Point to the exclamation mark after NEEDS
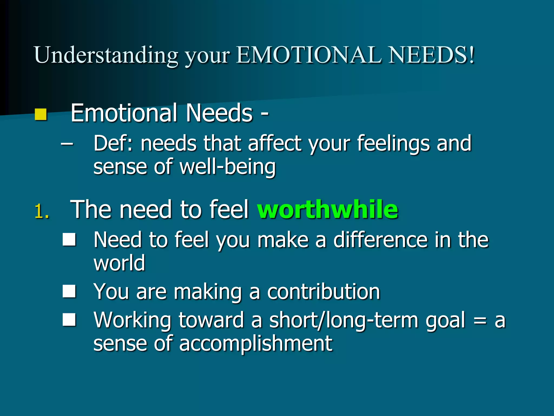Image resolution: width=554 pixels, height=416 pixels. point(472,55)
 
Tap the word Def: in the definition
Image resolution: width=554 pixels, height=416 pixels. point(113,144)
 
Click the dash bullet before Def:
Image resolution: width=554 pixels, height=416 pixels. point(67,144)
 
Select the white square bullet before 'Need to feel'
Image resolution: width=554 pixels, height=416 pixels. point(69,239)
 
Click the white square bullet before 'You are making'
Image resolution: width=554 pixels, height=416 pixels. point(69,291)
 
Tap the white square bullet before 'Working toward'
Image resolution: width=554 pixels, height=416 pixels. point(69,320)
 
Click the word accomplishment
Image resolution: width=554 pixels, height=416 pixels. point(256,343)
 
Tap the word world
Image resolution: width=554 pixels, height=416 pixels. point(119,263)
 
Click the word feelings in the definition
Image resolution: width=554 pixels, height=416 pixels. point(393,144)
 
